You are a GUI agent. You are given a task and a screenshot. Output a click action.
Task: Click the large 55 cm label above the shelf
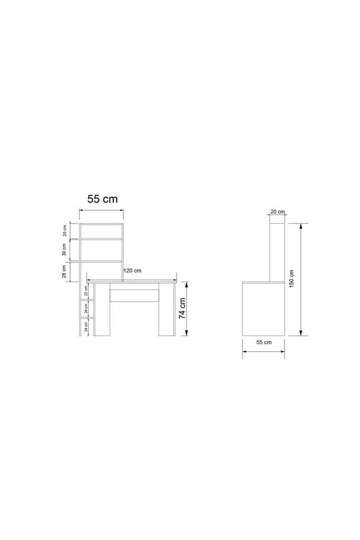click(x=102, y=199)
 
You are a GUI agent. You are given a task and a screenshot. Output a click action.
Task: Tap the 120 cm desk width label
click(x=132, y=271)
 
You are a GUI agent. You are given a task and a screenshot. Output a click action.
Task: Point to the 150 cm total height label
click(x=292, y=279)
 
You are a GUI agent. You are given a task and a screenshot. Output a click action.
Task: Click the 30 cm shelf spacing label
click(x=64, y=249)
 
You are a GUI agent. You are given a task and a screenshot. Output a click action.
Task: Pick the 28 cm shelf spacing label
click(x=64, y=271)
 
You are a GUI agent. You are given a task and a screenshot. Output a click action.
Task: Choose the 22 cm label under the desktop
click(x=86, y=292)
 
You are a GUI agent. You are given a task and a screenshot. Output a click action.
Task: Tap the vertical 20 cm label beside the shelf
click(x=64, y=230)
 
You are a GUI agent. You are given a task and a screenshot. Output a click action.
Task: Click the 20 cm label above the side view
click(x=277, y=212)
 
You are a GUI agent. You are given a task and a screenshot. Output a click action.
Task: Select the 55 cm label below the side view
click(x=264, y=342)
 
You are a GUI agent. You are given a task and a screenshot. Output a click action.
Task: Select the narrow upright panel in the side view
click(x=277, y=252)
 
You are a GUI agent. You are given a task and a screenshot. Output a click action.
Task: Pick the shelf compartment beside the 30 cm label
click(x=101, y=250)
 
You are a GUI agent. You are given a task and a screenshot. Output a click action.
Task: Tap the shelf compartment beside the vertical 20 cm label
click(x=101, y=231)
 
